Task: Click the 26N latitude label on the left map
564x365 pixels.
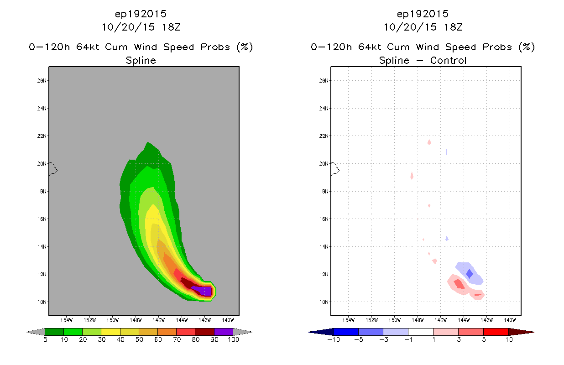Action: click(x=42, y=81)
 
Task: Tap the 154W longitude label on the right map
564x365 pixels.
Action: click(x=349, y=320)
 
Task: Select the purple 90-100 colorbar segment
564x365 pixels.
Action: click(x=224, y=332)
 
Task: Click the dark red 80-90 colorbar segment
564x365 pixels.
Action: click(x=205, y=332)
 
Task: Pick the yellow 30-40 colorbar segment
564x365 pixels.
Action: click(x=110, y=332)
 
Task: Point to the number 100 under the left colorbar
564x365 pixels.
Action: click(x=233, y=339)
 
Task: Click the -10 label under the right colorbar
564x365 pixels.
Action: click(x=334, y=339)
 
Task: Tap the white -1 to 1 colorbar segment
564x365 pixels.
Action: click(x=421, y=332)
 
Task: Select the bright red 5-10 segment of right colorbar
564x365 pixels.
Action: click(x=496, y=332)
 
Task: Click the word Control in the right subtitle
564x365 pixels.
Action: click(x=448, y=60)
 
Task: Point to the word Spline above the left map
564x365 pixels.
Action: click(x=141, y=61)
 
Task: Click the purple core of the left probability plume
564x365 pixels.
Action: click(x=203, y=291)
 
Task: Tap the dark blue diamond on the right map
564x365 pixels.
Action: click(x=470, y=274)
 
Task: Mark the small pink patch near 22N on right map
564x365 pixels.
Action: click(x=429, y=142)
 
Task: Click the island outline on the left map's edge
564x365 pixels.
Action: click(x=53, y=169)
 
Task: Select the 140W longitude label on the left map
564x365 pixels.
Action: click(x=228, y=320)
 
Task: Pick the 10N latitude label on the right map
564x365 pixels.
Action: click(x=324, y=302)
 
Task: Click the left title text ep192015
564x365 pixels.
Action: click(x=141, y=14)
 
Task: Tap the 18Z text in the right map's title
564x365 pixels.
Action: click(x=453, y=27)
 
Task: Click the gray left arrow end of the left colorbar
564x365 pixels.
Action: click(x=36, y=332)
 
